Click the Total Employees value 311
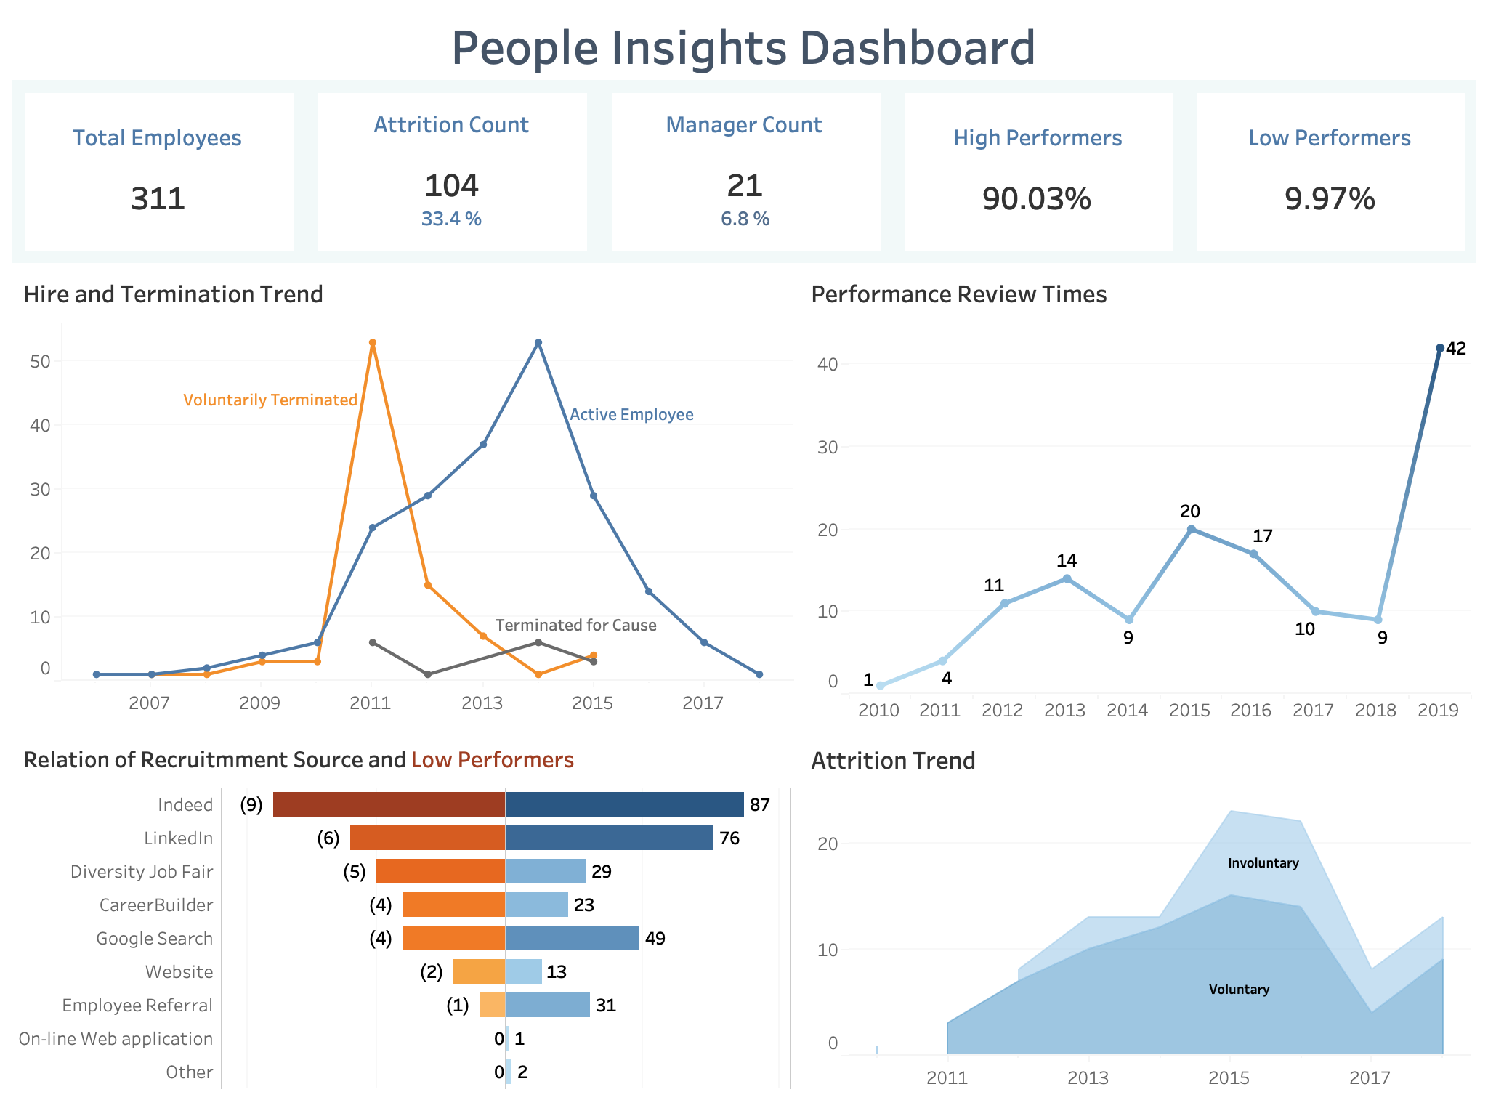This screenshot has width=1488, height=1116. (158, 198)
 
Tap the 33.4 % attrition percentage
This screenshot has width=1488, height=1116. (451, 219)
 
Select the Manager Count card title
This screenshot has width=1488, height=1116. (743, 125)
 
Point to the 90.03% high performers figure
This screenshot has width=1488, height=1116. (1037, 198)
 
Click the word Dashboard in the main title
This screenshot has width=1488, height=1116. (917, 48)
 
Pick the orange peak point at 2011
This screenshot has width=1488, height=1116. (373, 343)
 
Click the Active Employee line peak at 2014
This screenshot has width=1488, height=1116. (538, 343)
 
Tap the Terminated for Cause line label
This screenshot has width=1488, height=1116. (575, 625)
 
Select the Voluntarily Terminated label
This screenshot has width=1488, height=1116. (270, 400)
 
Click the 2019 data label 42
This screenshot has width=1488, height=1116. (1456, 349)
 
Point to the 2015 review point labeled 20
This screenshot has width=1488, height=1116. (1191, 530)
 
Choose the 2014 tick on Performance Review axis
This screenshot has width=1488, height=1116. (1127, 710)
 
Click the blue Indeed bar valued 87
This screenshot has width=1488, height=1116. (624, 804)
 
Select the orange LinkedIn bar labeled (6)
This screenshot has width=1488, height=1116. (427, 838)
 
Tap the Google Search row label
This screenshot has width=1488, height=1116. (154, 938)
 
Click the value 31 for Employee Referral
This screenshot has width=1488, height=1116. (605, 1005)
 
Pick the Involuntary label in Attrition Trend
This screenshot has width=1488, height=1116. (1263, 862)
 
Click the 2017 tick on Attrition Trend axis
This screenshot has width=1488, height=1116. (1370, 1077)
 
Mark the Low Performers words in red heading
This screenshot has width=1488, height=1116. (492, 760)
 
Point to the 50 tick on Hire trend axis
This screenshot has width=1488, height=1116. (40, 361)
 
